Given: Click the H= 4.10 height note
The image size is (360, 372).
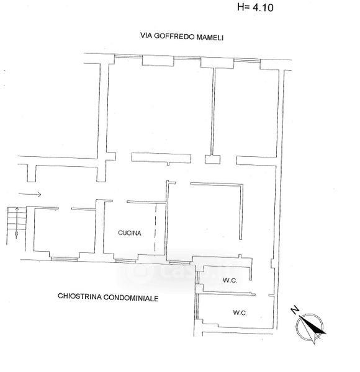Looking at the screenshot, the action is point(255,7).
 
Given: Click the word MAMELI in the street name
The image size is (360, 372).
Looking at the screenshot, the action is point(210,37).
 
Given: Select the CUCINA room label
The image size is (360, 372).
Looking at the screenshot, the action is point(130,233).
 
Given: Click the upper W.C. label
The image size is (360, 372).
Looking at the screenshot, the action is point(230,280).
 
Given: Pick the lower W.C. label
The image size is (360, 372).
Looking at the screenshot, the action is point(240,312).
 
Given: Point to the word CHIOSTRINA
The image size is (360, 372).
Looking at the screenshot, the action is point(79,296).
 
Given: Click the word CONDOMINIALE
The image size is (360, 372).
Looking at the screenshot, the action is point(131,298).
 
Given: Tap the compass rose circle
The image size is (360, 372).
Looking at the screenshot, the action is point(310,327).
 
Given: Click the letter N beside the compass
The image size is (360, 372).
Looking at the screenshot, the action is point(295,310).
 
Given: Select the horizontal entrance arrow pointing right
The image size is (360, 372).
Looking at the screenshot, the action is point(30,195).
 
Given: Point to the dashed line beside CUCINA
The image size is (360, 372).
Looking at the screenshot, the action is point(156,228).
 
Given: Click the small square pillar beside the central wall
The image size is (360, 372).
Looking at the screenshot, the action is point(212,159).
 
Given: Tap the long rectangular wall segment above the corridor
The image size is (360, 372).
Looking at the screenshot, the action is point(161,158).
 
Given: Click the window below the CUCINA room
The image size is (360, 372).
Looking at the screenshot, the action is point(125,261).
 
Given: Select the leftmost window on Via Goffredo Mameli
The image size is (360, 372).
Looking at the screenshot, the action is point(128,56).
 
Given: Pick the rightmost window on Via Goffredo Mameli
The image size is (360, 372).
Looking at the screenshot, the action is point(247,60).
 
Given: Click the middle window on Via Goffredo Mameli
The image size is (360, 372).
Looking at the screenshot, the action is point(187,58).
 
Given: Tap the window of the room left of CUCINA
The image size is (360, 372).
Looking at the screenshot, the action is point(65,259).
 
